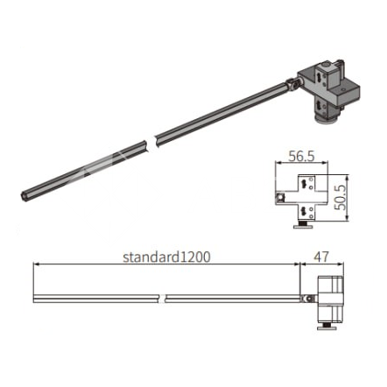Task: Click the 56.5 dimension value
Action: coord(302,156)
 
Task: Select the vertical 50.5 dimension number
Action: coord(341,197)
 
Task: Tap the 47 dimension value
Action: coord(321,257)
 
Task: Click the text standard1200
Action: coord(166,257)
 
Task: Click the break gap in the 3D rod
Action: coord(150,142)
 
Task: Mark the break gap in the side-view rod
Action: coord(163,299)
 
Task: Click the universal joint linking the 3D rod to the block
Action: coord(292,83)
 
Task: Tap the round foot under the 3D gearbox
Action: coord(327,120)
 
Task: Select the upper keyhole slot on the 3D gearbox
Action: coord(320,77)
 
